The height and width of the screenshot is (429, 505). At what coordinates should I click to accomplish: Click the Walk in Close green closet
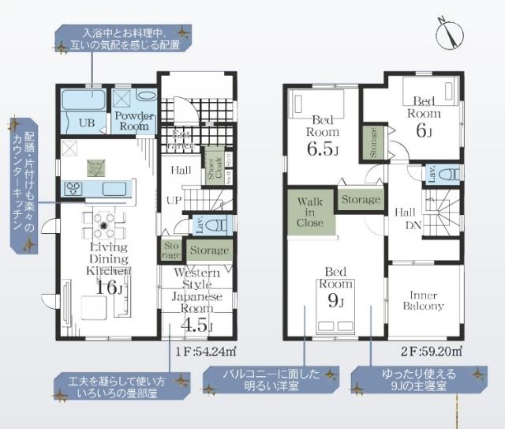pyautogui.click(x=309, y=213)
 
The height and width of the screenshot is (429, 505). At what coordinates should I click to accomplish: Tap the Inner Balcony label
pyautogui.click(x=424, y=299)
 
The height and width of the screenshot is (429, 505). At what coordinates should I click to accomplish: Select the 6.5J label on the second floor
pyautogui.click(x=323, y=148)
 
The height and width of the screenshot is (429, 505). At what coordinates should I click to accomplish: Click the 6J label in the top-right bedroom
pyautogui.click(x=424, y=131)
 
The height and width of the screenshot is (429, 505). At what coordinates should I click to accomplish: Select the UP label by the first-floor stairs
pyautogui.click(x=174, y=200)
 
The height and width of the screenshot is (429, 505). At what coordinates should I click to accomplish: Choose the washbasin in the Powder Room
pyautogui.click(x=146, y=95)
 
